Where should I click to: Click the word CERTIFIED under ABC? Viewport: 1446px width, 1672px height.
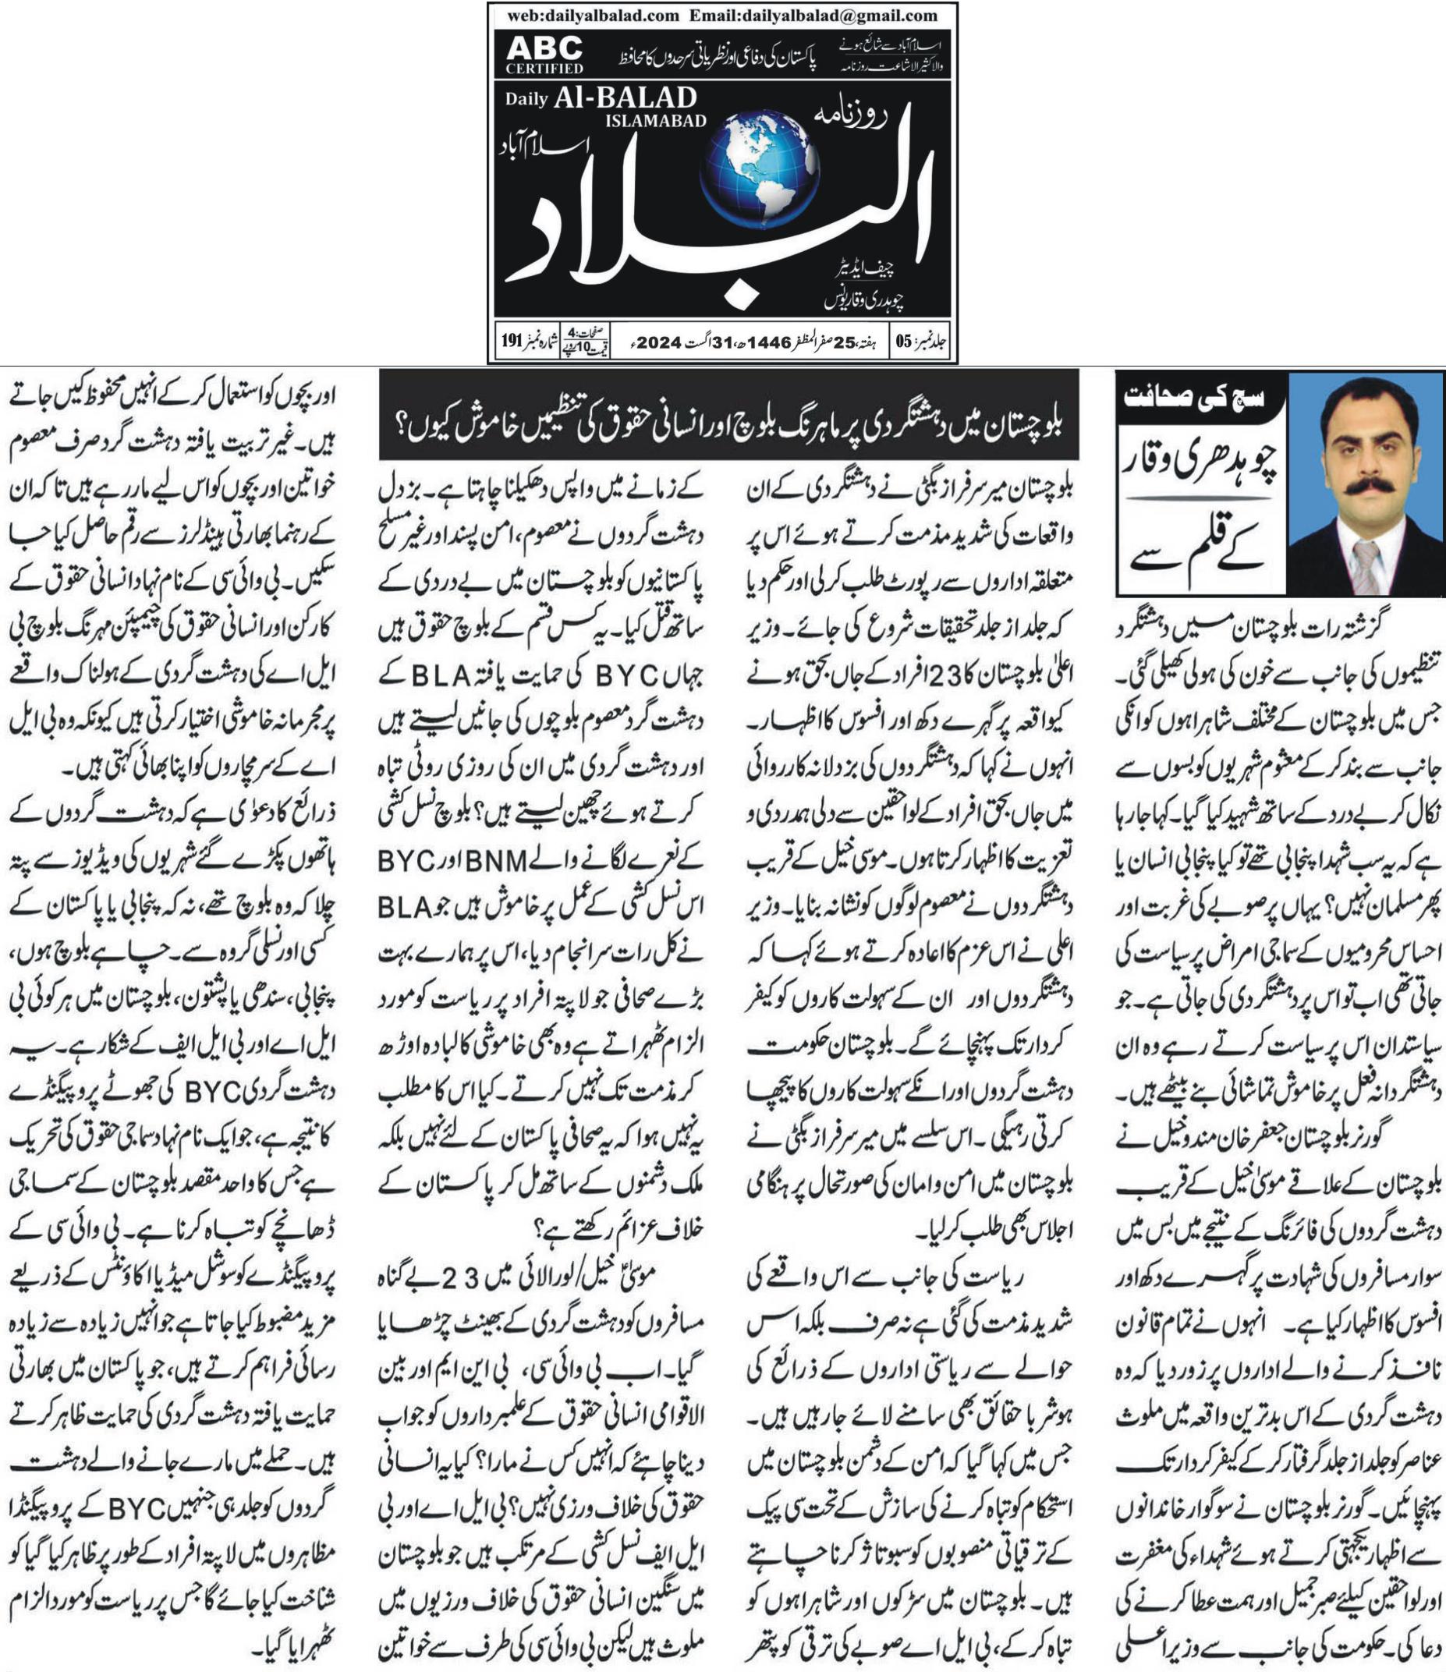pos(544,69)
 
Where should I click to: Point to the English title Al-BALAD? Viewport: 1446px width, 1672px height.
pos(626,98)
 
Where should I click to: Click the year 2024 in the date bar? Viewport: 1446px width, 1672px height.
pos(658,342)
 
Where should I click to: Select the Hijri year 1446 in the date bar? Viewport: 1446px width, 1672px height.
pos(767,342)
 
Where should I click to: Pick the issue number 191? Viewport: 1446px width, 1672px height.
pos(512,342)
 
